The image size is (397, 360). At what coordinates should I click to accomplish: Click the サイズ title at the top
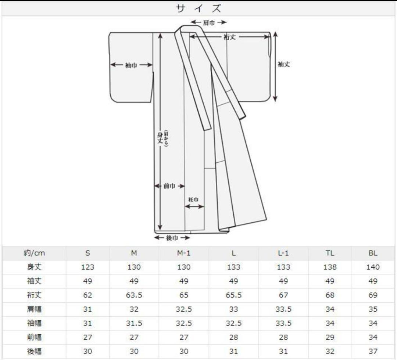click(x=198, y=8)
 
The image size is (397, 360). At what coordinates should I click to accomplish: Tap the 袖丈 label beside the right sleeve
click(x=284, y=64)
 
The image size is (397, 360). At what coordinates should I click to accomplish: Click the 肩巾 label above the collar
click(x=209, y=23)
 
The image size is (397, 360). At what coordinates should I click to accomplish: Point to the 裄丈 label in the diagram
click(x=230, y=37)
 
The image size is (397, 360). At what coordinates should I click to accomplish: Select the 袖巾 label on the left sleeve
click(x=131, y=65)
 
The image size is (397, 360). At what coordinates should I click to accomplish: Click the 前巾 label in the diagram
click(x=169, y=186)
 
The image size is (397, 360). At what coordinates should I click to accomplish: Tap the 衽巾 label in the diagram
click(x=194, y=199)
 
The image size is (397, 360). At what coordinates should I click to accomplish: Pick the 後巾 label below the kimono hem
click(x=172, y=238)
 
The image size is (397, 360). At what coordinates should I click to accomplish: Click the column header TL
click(x=330, y=253)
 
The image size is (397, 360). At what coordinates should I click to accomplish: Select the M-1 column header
click(x=184, y=253)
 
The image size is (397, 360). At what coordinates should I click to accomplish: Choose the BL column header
click(x=373, y=253)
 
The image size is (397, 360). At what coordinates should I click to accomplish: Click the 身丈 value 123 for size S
click(x=87, y=267)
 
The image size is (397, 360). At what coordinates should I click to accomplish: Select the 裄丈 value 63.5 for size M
click(x=134, y=295)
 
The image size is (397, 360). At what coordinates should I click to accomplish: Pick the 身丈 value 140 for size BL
click(x=373, y=267)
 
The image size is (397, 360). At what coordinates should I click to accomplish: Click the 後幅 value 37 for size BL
click(x=373, y=351)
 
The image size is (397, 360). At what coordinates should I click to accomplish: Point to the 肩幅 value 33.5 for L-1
click(x=283, y=309)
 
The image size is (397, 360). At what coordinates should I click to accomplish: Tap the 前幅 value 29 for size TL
click(x=330, y=337)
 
